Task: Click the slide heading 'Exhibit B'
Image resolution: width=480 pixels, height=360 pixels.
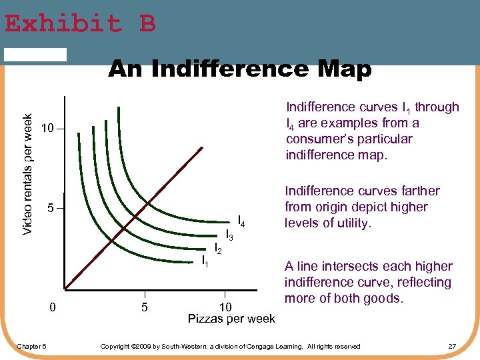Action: (80, 23)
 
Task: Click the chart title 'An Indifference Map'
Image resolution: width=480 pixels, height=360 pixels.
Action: (240, 69)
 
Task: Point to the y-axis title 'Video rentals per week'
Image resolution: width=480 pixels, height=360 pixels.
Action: (27, 165)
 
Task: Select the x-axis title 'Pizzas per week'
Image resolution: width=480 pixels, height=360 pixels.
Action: (231, 319)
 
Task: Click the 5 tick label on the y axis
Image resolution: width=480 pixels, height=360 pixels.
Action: (51, 209)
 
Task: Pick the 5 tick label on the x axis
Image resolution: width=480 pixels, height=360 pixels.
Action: (145, 307)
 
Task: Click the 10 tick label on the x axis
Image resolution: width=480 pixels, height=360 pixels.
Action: (226, 307)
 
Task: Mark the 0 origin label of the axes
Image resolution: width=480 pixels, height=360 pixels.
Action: (53, 307)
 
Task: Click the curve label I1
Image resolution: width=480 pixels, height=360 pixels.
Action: (205, 261)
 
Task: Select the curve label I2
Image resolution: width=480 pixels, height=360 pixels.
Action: (217, 249)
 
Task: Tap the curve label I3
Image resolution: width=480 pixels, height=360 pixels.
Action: (229, 235)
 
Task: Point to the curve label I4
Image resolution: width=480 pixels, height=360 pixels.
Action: (242, 221)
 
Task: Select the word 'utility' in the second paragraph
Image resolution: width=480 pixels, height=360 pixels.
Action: (351, 223)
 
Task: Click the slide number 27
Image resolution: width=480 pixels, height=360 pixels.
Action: (452, 346)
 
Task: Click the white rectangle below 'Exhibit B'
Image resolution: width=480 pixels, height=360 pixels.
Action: (35, 55)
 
